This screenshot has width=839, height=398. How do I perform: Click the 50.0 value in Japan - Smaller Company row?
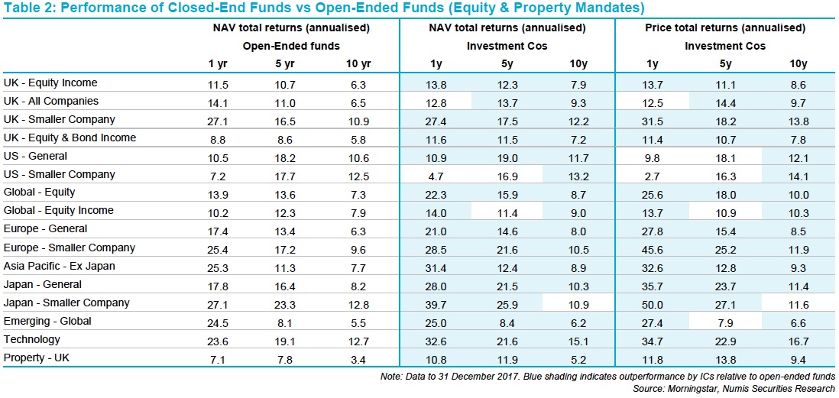pyautogui.click(x=653, y=303)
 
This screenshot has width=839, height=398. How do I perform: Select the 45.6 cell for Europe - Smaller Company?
pyautogui.click(x=653, y=248)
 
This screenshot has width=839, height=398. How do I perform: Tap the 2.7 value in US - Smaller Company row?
pyautogui.click(x=653, y=174)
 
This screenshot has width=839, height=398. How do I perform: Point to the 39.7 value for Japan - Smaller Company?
pyautogui.click(x=435, y=303)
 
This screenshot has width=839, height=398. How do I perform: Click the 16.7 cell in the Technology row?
pyautogui.click(x=798, y=340)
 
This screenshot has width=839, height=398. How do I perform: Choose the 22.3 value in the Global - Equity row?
pyautogui.click(x=435, y=193)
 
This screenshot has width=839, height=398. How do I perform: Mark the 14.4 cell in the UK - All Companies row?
pyautogui.click(x=725, y=101)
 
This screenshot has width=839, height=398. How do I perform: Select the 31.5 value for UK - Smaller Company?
pyautogui.click(x=653, y=120)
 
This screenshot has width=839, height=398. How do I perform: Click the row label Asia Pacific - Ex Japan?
pyautogui.click(x=59, y=266)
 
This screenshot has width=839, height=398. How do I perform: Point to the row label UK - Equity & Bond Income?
pyautogui.click(x=70, y=138)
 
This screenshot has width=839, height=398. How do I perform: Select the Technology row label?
pyautogui.click(x=31, y=340)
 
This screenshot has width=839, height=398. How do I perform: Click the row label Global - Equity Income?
pyautogui.click(x=58, y=211)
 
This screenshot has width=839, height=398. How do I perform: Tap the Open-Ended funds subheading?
pyautogui.click(x=291, y=46)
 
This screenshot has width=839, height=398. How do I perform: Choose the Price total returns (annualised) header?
pyautogui.click(x=725, y=28)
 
